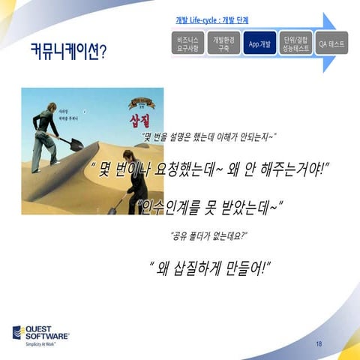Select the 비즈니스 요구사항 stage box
click(x=184, y=44)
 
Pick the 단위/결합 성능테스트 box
click(x=295, y=44)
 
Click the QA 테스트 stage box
click(x=331, y=44)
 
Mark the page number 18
click(x=319, y=343)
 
